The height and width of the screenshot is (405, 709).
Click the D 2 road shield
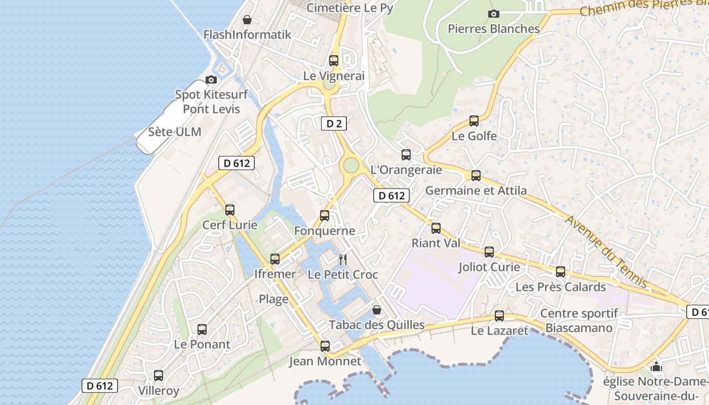[x=334, y=124]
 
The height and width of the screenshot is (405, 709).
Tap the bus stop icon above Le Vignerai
[x=334, y=60]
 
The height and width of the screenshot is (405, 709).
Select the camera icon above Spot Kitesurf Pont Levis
[x=211, y=79]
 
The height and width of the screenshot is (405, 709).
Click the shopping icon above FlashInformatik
[x=247, y=20]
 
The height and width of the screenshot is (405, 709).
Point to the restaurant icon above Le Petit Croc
[x=343, y=260]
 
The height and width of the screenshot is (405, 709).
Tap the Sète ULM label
[x=175, y=132]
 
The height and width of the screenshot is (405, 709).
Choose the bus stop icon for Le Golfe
[x=474, y=121]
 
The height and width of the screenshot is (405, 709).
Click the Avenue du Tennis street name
[x=606, y=251]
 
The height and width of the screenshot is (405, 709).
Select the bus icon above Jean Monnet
[x=325, y=346]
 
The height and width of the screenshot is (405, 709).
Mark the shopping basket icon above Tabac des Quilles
[x=377, y=309]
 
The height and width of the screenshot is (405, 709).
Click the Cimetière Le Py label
[x=350, y=8]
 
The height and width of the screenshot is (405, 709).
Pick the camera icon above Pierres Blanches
[x=494, y=14]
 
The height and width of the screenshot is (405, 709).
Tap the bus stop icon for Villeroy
[x=159, y=376]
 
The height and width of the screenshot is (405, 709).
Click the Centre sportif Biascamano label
[x=579, y=320]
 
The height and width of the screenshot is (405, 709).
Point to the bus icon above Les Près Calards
[x=561, y=272]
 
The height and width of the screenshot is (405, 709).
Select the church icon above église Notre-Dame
[x=657, y=366]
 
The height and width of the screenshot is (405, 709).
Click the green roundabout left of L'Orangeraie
[x=350, y=165]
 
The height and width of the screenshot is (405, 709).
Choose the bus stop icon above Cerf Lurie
[x=230, y=210]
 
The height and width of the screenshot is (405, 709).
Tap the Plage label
[x=273, y=299]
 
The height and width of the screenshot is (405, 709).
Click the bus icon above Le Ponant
[x=202, y=330]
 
